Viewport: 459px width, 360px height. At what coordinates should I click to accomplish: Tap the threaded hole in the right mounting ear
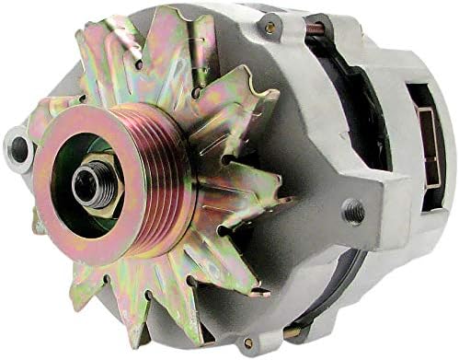(x=353, y=213)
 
